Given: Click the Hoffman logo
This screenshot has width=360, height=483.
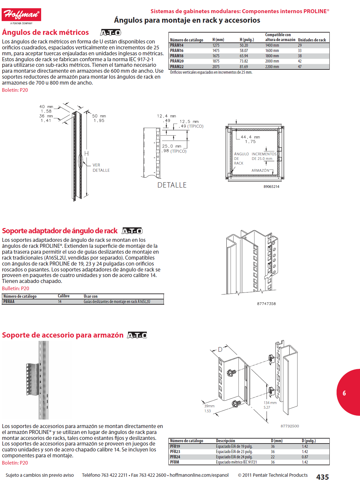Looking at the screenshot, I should click(x=21, y=15).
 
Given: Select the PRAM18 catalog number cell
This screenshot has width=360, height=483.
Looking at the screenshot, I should click(x=177, y=56).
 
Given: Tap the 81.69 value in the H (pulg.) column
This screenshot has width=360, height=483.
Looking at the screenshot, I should click(x=244, y=67).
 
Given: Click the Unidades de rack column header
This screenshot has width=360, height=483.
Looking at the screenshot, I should click(x=312, y=40).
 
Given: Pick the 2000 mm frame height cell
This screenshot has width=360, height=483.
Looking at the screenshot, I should click(x=272, y=61).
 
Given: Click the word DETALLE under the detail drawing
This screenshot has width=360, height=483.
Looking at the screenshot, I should click(x=172, y=185).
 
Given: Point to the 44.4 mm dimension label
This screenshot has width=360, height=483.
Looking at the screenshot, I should click(x=250, y=137).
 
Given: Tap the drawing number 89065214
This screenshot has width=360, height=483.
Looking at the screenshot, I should click(x=271, y=187).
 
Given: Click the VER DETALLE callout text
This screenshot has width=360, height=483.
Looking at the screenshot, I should click(x=101, y=168).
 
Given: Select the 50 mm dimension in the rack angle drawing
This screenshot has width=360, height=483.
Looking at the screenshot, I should click(x=99, y=116).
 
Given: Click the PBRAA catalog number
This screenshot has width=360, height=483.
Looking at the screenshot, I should click(x=9, y=302).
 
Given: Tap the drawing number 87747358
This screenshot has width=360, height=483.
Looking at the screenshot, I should click(x=266, y=304).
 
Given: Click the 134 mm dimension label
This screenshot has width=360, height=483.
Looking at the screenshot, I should click(x=270, y=403).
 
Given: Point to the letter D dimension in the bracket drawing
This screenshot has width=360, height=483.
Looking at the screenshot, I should click(x=220, y=349).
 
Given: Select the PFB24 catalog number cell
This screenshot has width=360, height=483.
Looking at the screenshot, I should click(x=175, y=457).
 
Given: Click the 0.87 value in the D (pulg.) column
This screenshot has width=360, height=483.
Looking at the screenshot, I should click(x=305, y=457).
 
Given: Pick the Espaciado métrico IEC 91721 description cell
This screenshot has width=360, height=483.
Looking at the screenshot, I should click(x=236, y=462).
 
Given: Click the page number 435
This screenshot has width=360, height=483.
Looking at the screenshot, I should click(x=322, y=477).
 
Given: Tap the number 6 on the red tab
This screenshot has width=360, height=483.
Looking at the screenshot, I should click(x=344, y=393).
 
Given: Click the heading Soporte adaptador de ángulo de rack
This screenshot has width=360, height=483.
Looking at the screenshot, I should click(x=60, y=231).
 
